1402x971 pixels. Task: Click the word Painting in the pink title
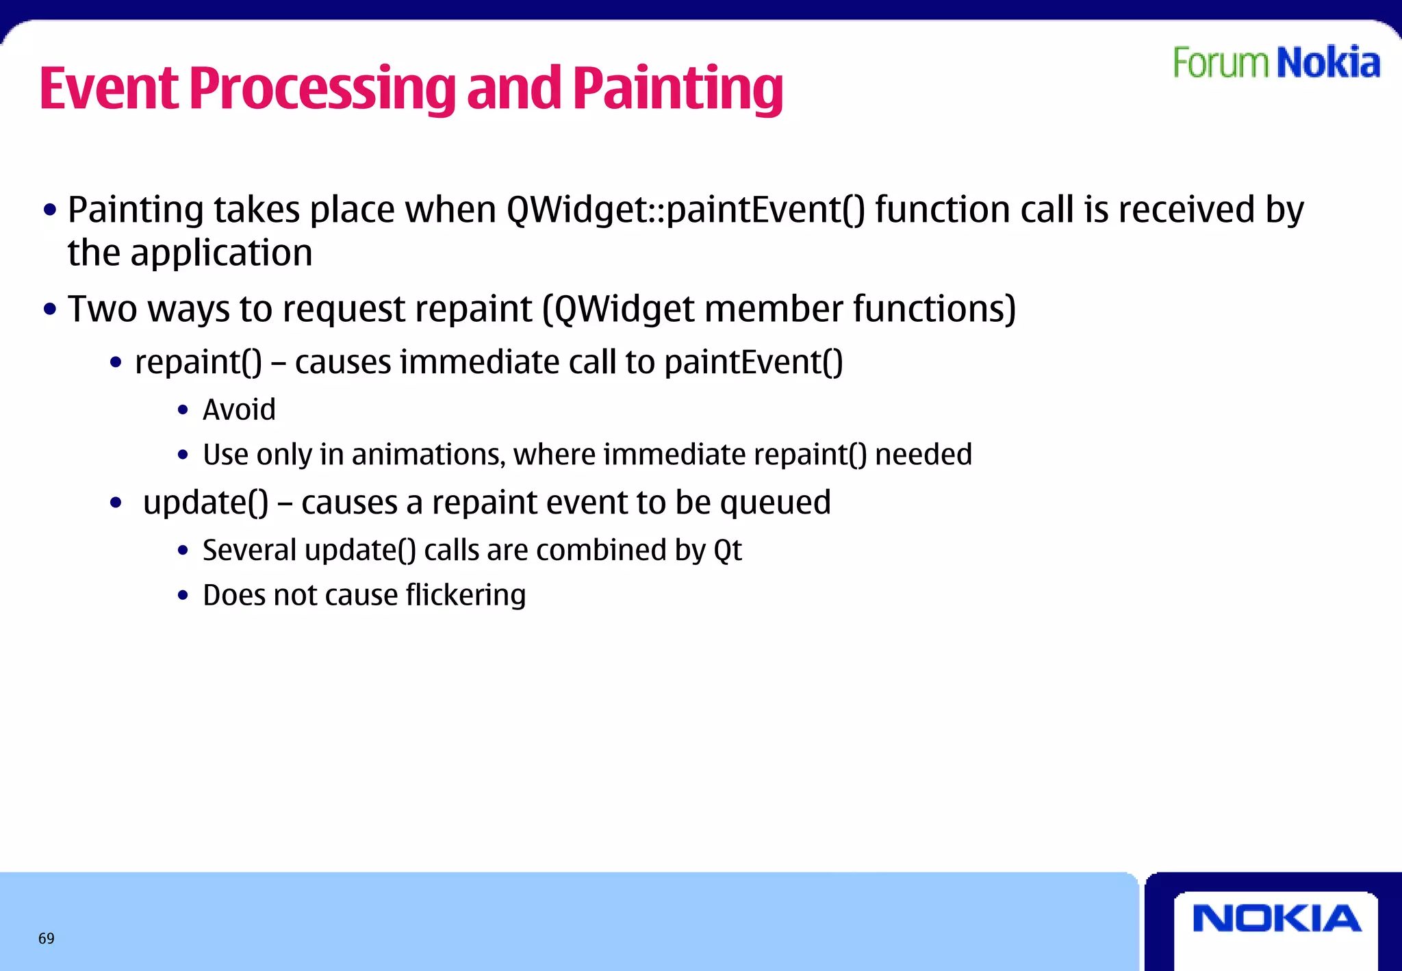[678, 89]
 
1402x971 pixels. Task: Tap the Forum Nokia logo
[1277, 63]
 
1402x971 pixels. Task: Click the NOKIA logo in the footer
[1277, 919]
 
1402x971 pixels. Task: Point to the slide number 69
[47, 938]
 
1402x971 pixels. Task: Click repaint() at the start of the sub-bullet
[199, 362]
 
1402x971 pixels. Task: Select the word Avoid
[239, 410]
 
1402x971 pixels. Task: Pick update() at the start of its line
[205, 503]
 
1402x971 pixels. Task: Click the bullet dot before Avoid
[182, 411]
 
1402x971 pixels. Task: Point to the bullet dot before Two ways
[49, 310]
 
